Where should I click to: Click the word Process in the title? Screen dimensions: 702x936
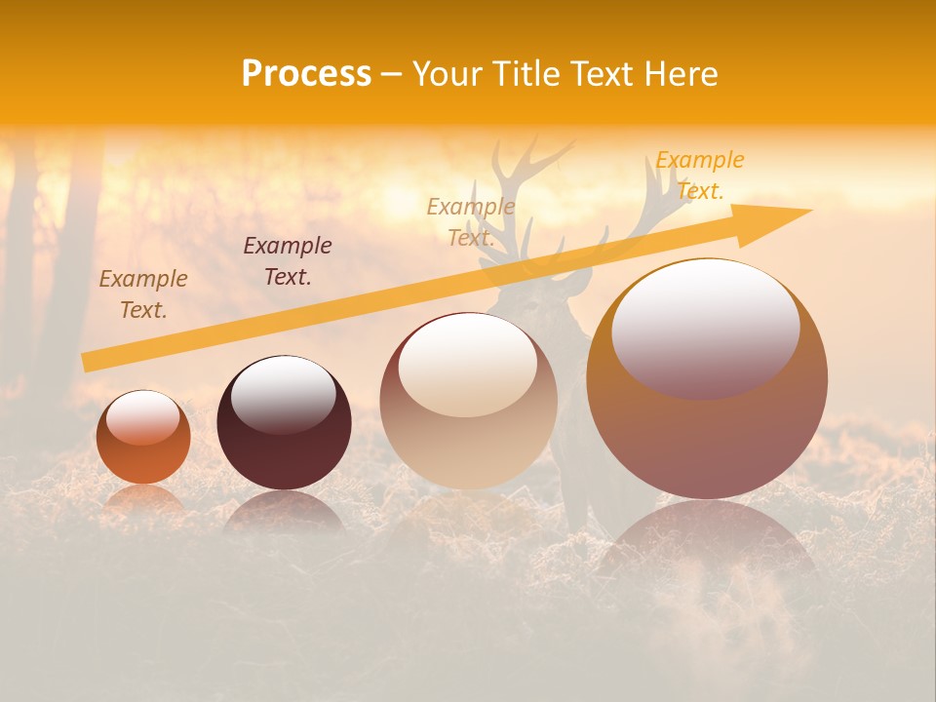click(306, 74)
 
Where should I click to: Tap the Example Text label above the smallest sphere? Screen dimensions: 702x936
click(143, 294)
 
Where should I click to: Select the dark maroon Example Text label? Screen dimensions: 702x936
click(288, 261)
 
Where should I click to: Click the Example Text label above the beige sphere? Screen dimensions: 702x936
click(471, 222)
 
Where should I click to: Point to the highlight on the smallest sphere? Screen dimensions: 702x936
click(142, 417)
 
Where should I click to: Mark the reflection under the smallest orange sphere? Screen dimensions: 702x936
click(143, 500)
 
